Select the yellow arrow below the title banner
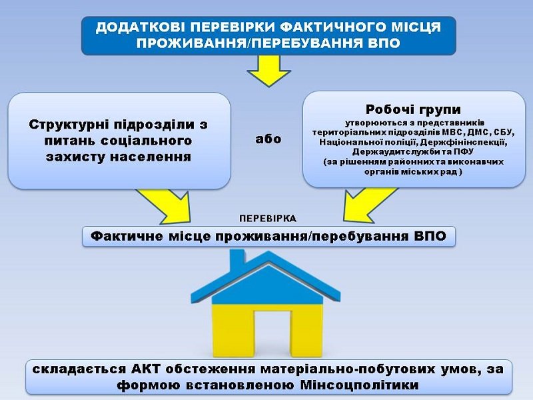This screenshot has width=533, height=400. pyautogui.click(x=268, y=71)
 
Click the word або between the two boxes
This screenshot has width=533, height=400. pyautogui.click(x=268, y=139)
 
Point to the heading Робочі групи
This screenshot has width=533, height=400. pyautogui.click(x=413, y=109)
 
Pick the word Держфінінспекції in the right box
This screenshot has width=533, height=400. pyautogui.click(x=463, y=142)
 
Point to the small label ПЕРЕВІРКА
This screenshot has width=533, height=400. pyautogui.click(x=268, y=219)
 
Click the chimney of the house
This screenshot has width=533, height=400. pyautogui.click(x=237, y=260)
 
